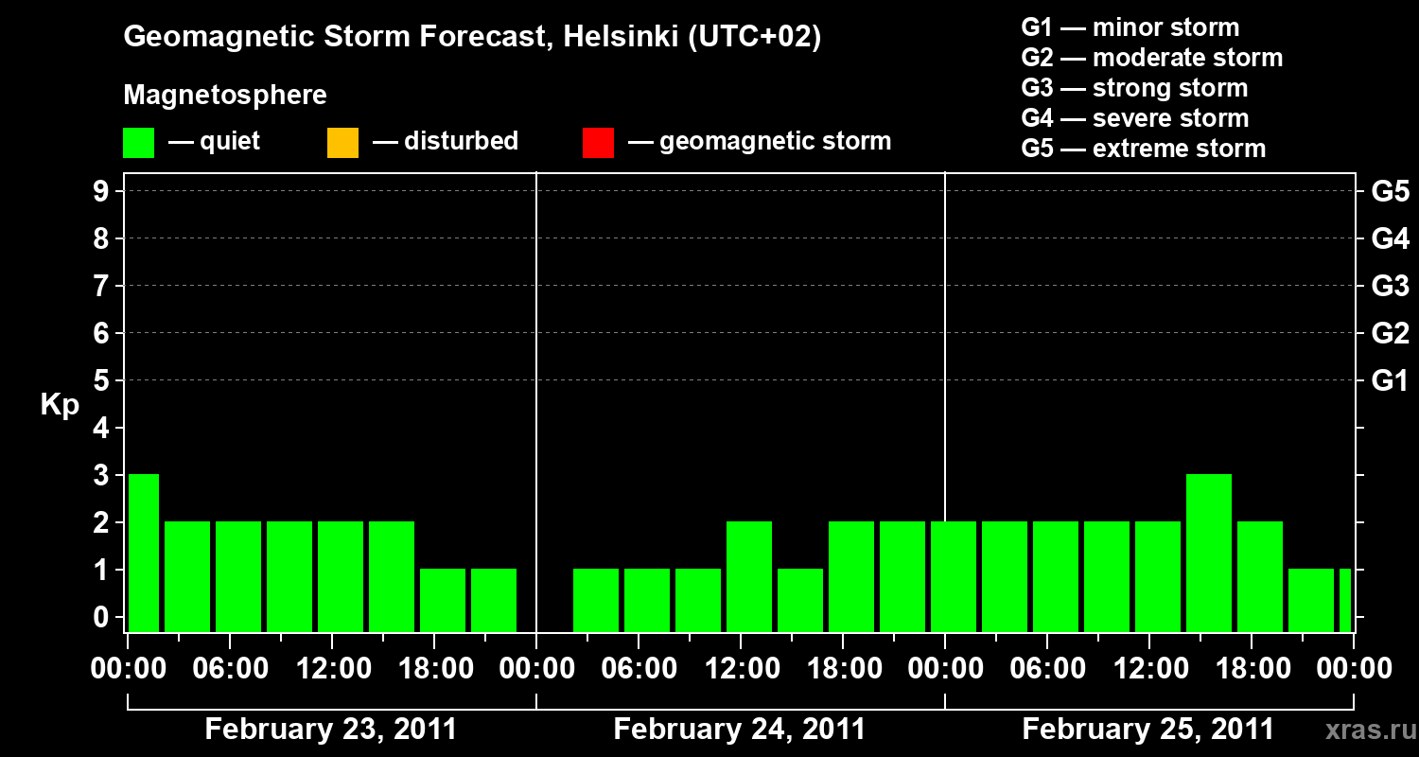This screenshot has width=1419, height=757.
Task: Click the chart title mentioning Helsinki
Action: click(472, 37)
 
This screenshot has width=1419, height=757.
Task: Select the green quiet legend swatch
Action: click(138, 142)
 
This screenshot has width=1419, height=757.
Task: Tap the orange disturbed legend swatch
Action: click(342, 142)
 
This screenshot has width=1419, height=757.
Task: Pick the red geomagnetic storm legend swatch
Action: click(598, 142)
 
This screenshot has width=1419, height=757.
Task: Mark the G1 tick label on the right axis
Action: click(1390, 381)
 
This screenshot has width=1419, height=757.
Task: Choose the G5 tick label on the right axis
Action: click(1390, 192)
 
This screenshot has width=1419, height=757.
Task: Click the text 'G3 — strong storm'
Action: click(1134, 88)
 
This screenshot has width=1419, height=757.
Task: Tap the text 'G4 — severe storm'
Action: click(1134, 118)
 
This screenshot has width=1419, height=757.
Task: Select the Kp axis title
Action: click(60, 405)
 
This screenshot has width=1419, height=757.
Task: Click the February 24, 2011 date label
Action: click(739, 730)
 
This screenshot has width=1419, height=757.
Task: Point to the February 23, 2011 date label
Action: click(330, 730)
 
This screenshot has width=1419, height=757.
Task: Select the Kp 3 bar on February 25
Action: click(1208, 553)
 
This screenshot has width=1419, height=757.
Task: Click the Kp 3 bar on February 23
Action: click(144, 553)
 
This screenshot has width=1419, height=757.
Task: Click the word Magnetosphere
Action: click(225, 96)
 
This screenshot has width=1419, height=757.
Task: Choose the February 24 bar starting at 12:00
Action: click(749, 576)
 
